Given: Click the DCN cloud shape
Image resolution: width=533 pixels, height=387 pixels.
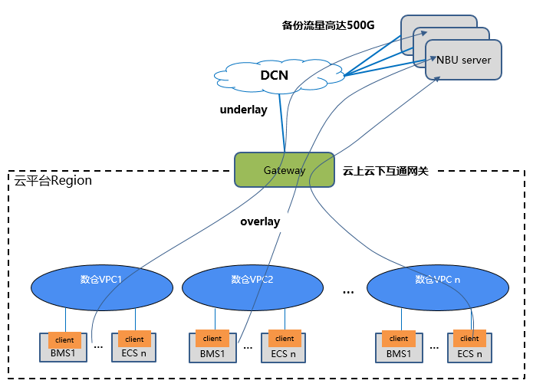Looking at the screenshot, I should [x=274, y=75].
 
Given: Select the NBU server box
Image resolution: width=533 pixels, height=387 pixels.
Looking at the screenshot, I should [x=464, y=60].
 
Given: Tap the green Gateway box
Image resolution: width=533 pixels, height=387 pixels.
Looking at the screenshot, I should [x=285, y=170].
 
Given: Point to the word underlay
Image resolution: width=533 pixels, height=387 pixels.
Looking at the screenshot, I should [x=243, y=110].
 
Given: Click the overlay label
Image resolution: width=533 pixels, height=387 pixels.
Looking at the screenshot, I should [x=260, y=221].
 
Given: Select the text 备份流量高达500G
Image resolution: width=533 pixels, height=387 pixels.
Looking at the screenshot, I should [x=328, y=25].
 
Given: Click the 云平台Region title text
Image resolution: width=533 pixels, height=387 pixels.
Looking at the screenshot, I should [x=53, y=181].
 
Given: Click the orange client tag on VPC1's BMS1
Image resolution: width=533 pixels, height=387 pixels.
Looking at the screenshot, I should [x=64, y=339].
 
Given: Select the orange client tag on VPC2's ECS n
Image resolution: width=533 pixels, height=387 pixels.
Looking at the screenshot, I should [x=285, y=338].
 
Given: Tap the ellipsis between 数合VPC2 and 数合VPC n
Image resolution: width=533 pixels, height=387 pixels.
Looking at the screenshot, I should [x=348, y=292].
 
